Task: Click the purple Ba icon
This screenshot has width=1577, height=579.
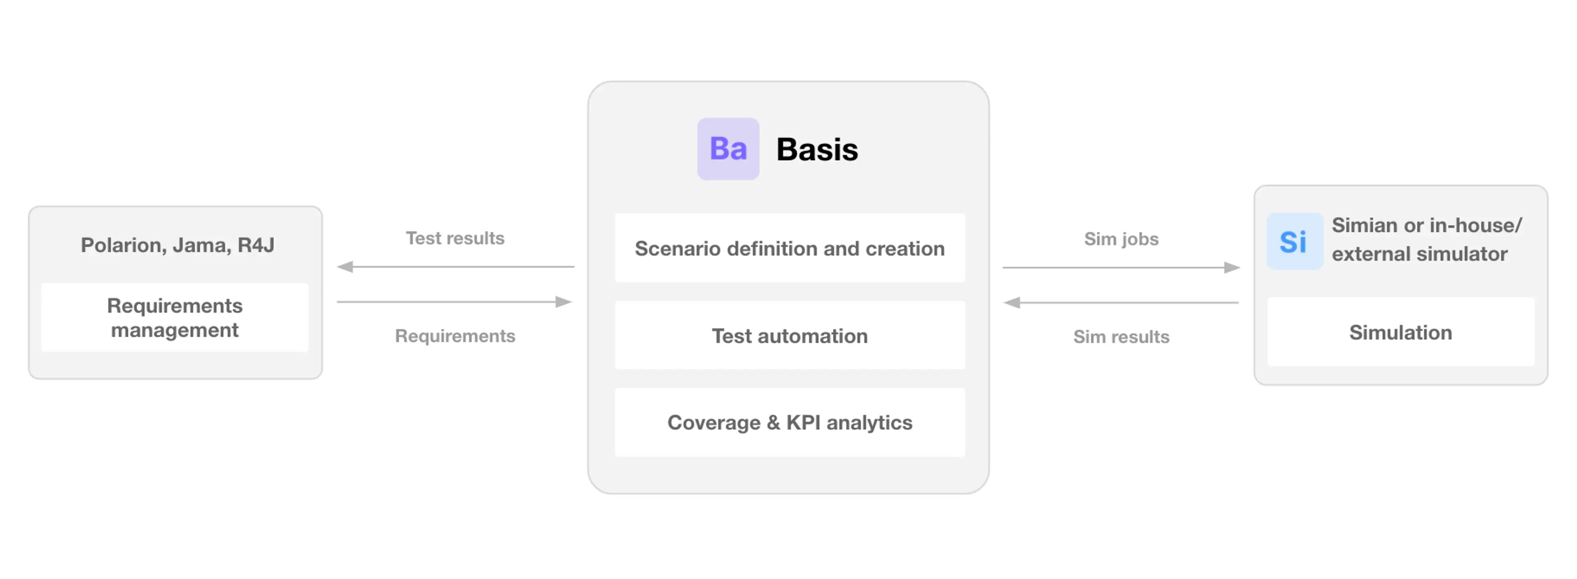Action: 728,149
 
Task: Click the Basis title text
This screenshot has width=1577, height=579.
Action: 817,150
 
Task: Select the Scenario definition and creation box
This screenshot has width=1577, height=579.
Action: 790,248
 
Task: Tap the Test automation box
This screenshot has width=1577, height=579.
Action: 790,336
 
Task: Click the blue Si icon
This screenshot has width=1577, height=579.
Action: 1294,241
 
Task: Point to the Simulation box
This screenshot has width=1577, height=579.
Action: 1400,332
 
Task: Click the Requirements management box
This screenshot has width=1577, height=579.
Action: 175,317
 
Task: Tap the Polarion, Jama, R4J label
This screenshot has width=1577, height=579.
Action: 177,245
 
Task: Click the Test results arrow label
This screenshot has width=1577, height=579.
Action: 455,238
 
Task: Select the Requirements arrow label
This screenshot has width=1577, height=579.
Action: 455,336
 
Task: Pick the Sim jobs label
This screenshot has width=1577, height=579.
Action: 1121,238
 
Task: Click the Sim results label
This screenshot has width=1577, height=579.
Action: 1121,337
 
